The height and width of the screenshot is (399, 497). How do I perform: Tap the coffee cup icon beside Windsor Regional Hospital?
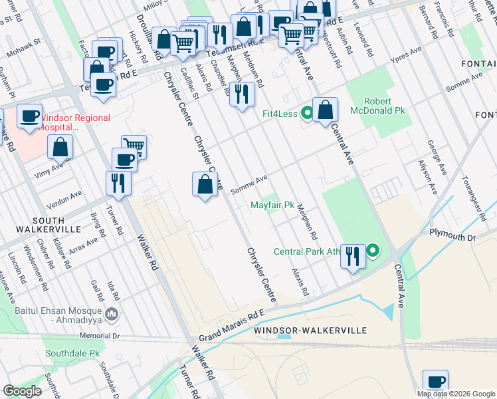[x=29, y=116]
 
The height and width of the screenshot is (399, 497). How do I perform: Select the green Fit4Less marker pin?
[x=306, y=112]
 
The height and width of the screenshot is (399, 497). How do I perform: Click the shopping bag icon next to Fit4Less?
[x=325, y=110]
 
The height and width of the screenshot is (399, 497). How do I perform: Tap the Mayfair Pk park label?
[x=272, y=205]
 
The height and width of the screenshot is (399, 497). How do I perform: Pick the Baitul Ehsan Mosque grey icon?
[x=112, y=313]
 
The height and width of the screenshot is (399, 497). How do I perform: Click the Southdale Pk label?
[x=71, y=353]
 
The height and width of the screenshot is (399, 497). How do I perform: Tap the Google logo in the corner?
[x=22, y=390]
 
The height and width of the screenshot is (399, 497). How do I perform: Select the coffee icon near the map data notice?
[x=435, y=382]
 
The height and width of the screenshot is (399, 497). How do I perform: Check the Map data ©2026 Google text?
[x=455, y=394]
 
